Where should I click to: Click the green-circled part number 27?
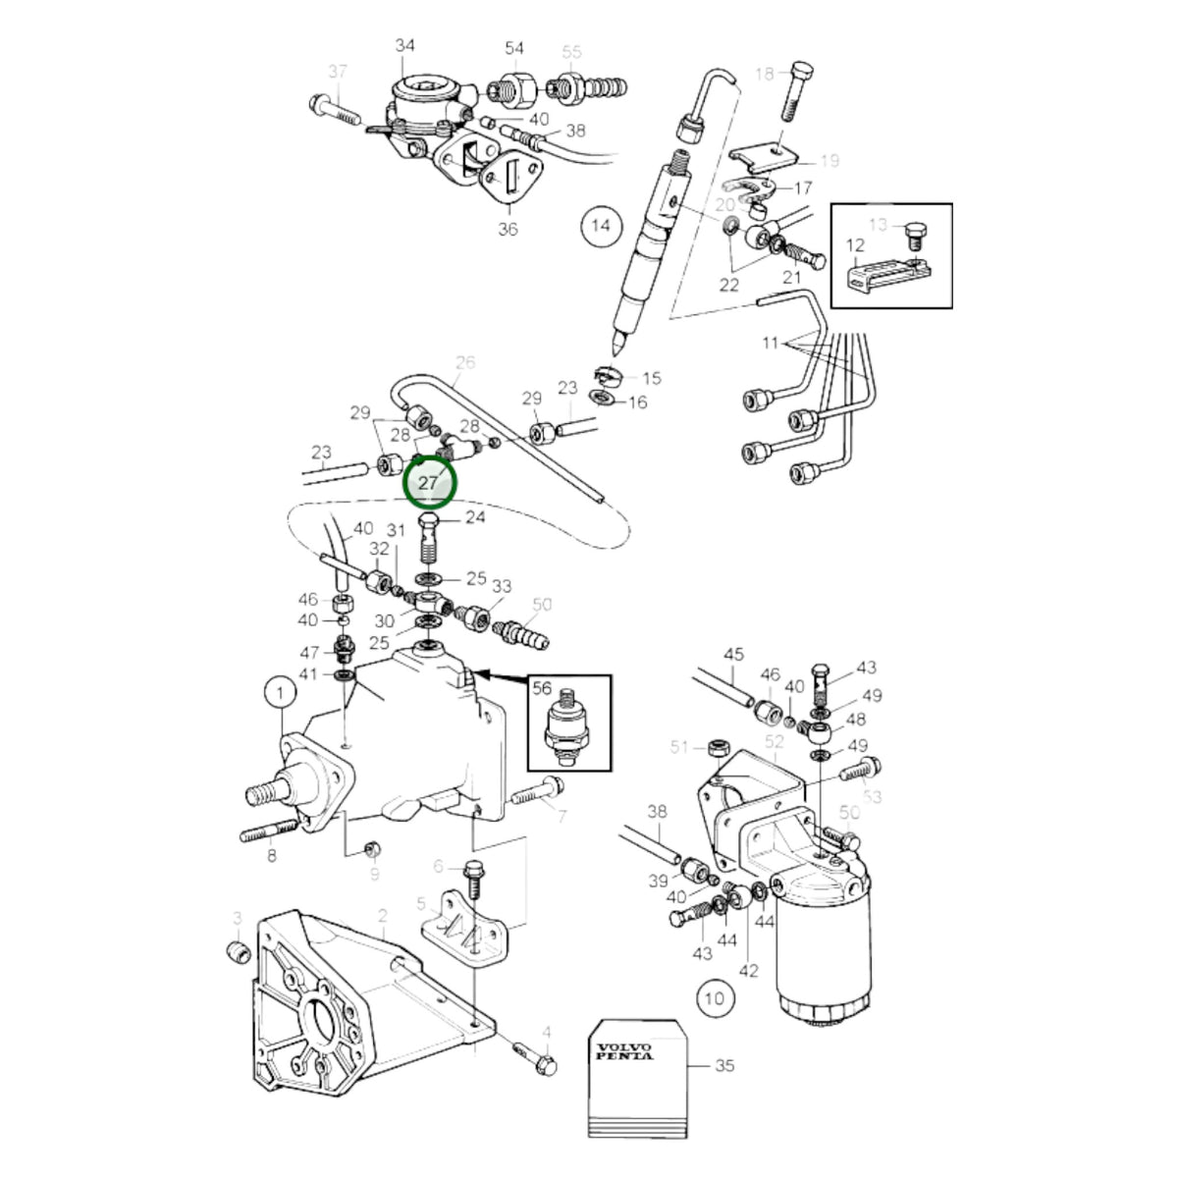click(x=429, y=483)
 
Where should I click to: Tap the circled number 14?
click(x=601, y=226)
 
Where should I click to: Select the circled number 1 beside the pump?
click(x=281, y=693)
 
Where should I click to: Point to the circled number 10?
click(x=714, y=999)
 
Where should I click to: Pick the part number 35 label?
click(x=723, y=1065)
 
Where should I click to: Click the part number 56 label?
click(x=542, y=688)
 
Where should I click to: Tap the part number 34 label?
click(x=404, y=45)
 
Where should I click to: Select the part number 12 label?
click(x=855, y=245)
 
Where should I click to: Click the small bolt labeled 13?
click(x=915, y=235)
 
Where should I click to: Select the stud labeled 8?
click(x=270, y=830)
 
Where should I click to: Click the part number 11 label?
click(x=771, y=343)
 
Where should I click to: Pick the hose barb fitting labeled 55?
click(x=588, y=86)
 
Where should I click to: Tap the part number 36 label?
click(x=508, y=230)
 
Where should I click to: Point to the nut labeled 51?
click(x=717, y=748)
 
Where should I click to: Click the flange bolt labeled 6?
click(x=474, y=879)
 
